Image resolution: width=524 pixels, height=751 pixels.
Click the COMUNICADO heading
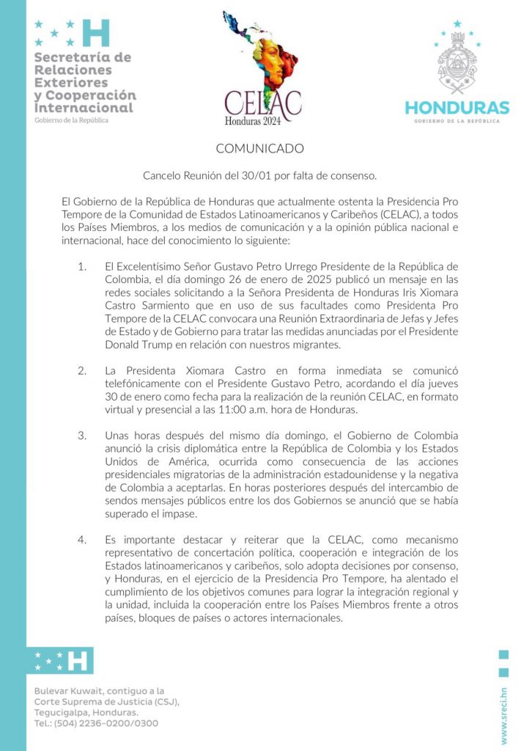pyautogui.click(x=259, y=149)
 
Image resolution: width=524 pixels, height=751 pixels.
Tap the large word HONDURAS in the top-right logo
pyautogui.click(x=457, y=108)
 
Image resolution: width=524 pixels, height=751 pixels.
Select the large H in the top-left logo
pyautogui.click(x=96, y=33)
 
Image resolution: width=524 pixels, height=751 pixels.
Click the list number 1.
pyautogui.click(x=82, y=265)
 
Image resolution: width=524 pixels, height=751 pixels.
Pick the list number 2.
pyautogui.click(x=82, y=370)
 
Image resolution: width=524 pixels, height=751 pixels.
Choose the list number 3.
pyautogui.click(x=82, y=435)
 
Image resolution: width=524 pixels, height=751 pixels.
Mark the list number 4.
pyautogui.click(x=82, y=540)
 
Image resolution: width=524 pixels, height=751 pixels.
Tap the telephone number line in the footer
pyautogui.click(x=96, y=723)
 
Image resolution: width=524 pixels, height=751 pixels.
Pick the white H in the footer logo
pyautogui.click(x=77, y=661)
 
